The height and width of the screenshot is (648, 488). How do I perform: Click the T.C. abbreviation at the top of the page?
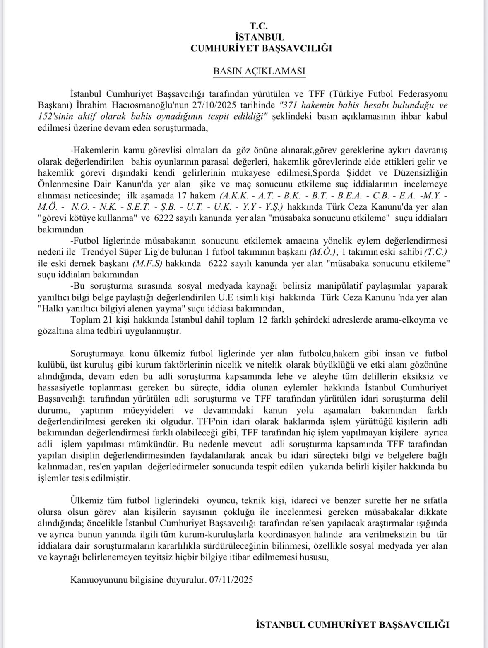click(x=261, y=26)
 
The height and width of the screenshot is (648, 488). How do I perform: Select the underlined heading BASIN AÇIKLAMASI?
click(x=259, y=71)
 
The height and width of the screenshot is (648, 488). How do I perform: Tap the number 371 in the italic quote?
click(x=289, y=105)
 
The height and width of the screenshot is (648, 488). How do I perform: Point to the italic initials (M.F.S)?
click(x=146, y=263)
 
